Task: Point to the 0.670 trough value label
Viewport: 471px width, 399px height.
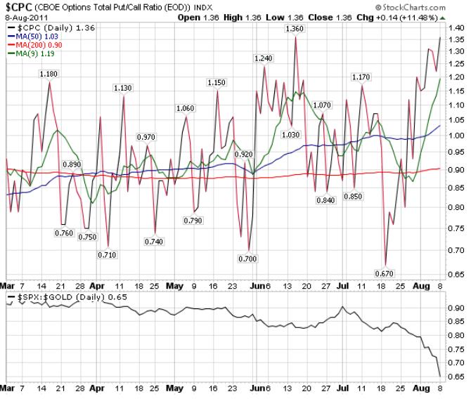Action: tap(385, 273)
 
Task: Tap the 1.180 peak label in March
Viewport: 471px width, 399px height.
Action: tap(49, 74)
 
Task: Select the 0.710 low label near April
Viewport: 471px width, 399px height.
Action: tap(107, 254)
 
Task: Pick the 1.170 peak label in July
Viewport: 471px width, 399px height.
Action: tap(361, 77)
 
